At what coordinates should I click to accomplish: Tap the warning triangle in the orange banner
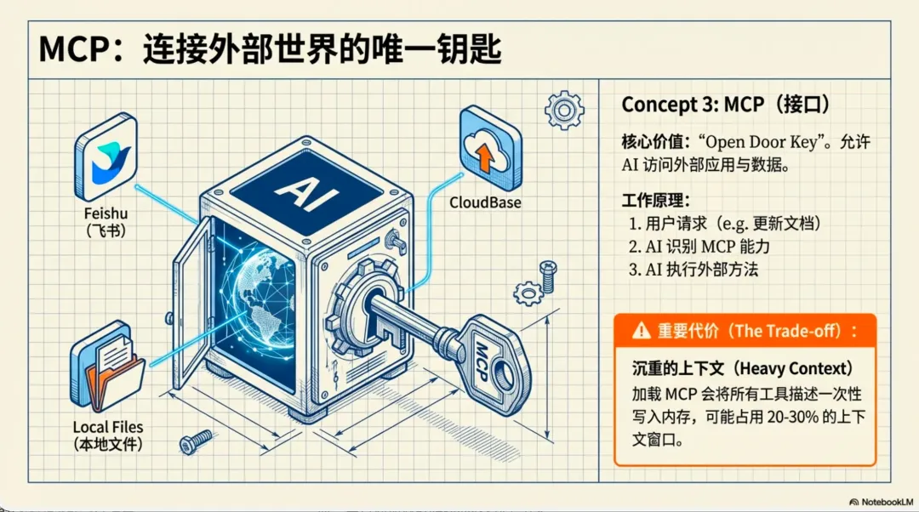point(641,332)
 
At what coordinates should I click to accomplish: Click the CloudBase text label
point(485,204)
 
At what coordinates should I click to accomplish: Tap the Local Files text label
point(106,426)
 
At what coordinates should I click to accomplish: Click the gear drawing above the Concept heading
point(562,109)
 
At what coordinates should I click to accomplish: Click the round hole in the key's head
point(509,381)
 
